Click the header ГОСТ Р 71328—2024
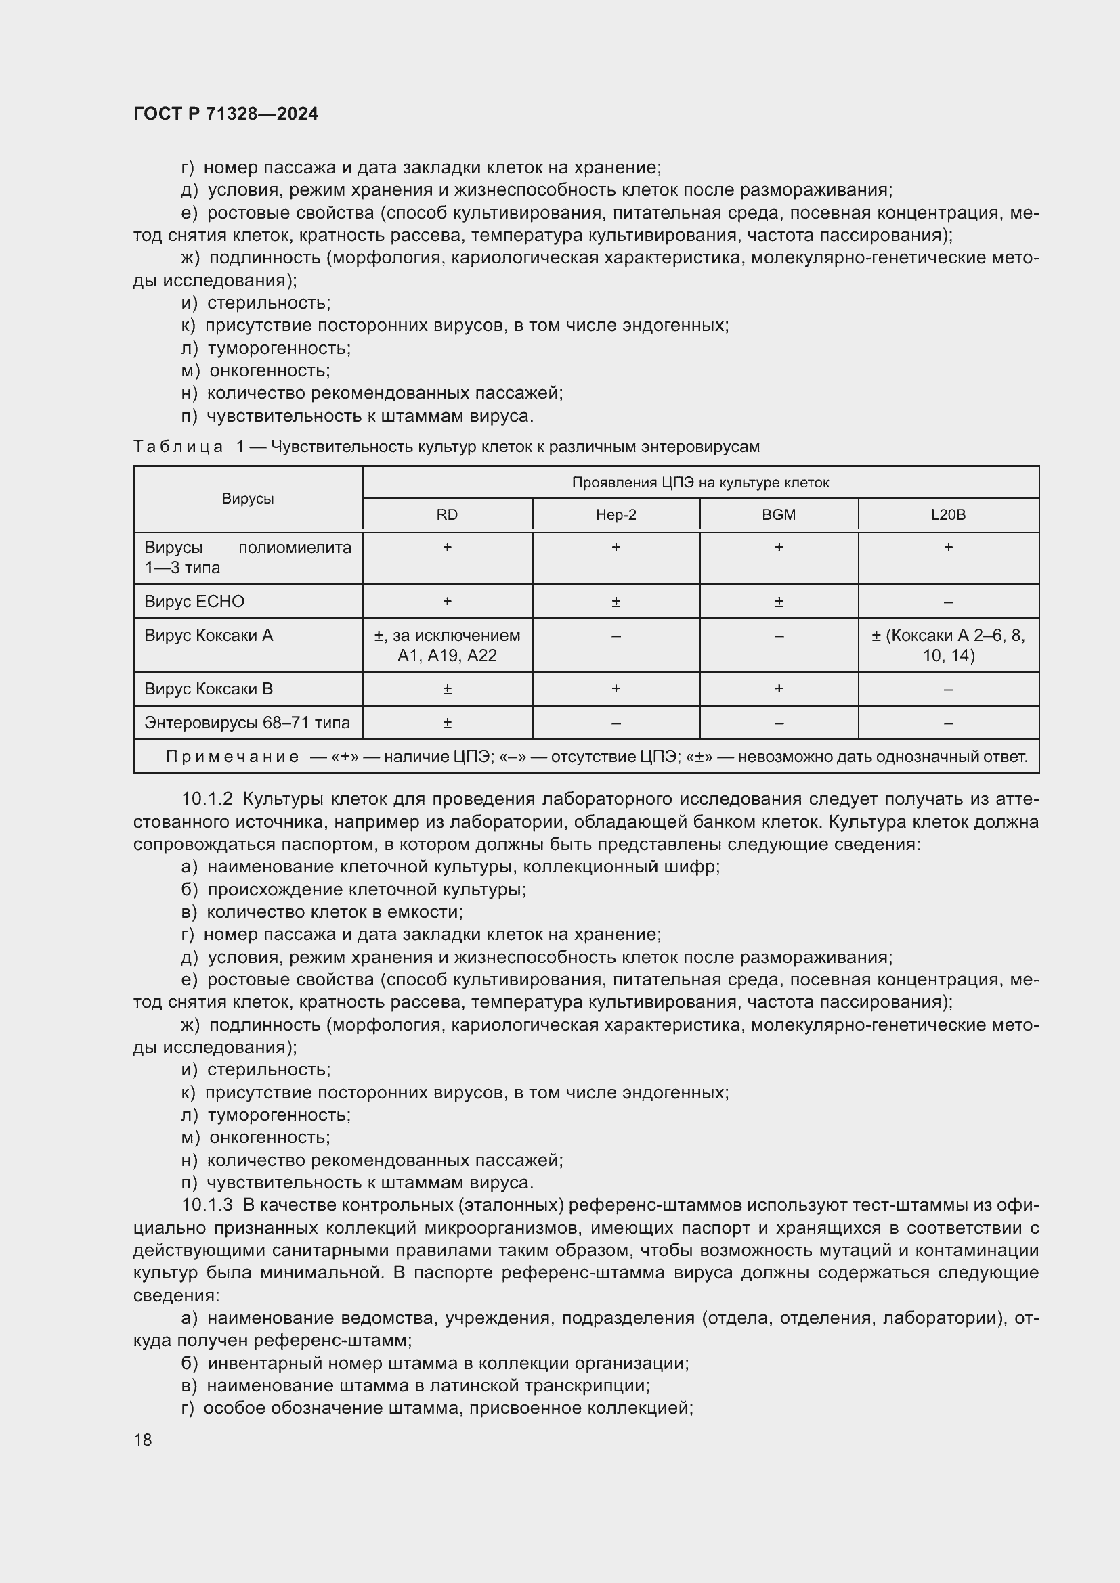(225, 114)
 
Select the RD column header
(447, 514)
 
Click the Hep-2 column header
(615, 514)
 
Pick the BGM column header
(779, 514)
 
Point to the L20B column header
(947, 514)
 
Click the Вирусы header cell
(248, 499)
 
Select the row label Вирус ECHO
(194, 601)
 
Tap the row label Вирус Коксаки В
(209, 689)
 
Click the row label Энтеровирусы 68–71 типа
(247, 723)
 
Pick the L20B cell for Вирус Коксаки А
(947, 645)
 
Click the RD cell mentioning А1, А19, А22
(447, 645)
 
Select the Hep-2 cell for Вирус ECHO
(615, 602)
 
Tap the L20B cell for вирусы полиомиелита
(947, 548)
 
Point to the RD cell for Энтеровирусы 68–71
(447, 723)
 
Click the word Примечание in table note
(232, 757)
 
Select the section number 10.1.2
(208, 799)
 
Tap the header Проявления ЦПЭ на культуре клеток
(700, 483)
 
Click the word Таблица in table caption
(178, 447)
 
